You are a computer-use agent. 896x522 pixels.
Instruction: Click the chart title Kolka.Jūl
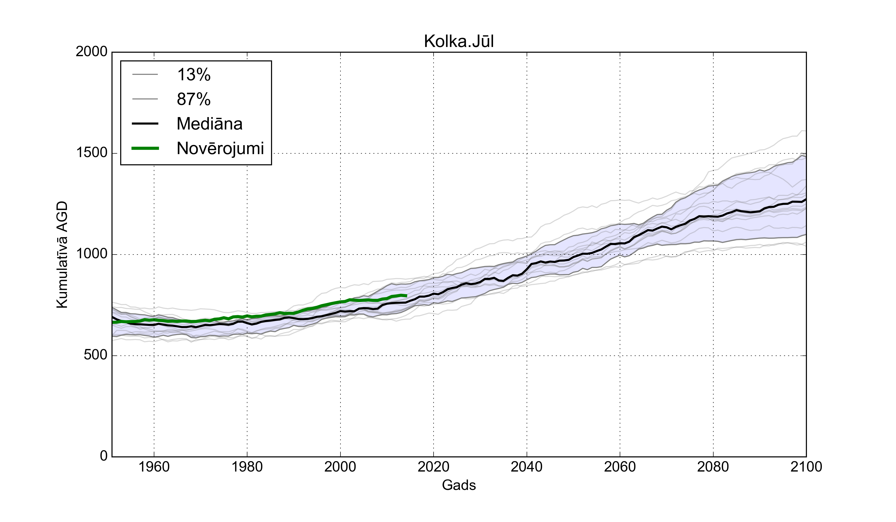[459, 42]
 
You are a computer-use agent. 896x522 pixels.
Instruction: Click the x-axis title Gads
[459, 485]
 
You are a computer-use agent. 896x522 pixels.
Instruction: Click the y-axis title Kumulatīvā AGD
[62, 255]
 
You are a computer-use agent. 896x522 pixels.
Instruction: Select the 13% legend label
[194, 75]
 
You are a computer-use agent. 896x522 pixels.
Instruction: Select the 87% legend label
[194, 99]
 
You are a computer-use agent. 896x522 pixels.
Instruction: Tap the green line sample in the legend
[145, 148]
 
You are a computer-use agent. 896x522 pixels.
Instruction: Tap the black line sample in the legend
[145, 124]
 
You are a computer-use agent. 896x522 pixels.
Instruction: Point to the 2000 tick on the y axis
[91, 52]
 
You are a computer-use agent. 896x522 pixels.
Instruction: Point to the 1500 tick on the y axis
[91, 153]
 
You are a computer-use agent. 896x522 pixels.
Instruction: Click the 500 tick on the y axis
[95, 355]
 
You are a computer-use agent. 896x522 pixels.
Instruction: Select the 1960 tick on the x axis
[154, 467]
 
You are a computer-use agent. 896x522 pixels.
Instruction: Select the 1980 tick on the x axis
[247, 467]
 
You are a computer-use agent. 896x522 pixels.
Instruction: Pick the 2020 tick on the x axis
[433, 467]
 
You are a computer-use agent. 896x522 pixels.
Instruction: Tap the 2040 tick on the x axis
[527, 467]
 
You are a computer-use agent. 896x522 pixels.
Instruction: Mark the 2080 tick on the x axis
[713, 467]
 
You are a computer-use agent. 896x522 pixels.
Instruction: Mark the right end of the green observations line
[406, 296]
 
